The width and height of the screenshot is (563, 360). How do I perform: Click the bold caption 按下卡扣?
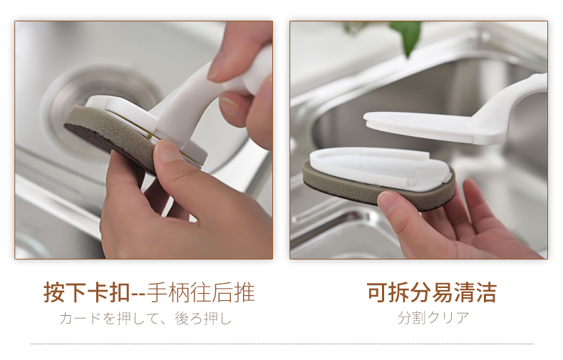click(x=86, y=292)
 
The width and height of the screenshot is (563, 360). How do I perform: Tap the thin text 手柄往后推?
click(x=201, y=292)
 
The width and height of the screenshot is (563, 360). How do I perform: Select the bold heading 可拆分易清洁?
click(x=432, y=292)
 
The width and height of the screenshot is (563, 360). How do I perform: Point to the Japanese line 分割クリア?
click(x=433, y=318)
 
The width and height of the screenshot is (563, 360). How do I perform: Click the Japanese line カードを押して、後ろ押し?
click(x=145, y=319)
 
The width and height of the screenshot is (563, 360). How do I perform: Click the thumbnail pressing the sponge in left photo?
click(x=167, y=152)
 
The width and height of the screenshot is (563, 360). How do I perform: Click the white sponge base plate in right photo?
click(x=381, y=167)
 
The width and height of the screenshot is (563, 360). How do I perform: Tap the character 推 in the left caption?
click(x=244, y=292)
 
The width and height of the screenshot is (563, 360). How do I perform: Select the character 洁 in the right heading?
click(x=486, y=292)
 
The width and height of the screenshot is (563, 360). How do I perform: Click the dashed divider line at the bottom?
click(x=282, y=344)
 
